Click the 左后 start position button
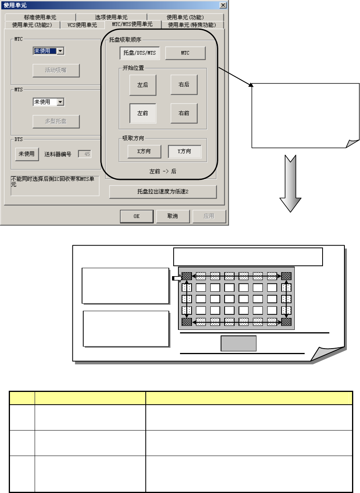[143, 85]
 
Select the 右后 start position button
[184, 85]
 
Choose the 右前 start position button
[184, 113]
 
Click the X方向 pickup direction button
[144, 151]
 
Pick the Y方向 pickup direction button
[184, 151]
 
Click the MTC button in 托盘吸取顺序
[185, 53]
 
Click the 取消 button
[172, 216]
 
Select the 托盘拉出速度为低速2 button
[163, 192]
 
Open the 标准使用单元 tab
[40, 17]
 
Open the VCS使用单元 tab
[82, 25]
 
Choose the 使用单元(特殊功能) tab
[192, 25]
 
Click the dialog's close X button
[223, 5]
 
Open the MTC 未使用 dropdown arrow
[60, 51]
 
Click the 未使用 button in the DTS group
[27, 154]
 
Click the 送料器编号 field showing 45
[84, 154]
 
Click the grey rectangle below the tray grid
[239, 343]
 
